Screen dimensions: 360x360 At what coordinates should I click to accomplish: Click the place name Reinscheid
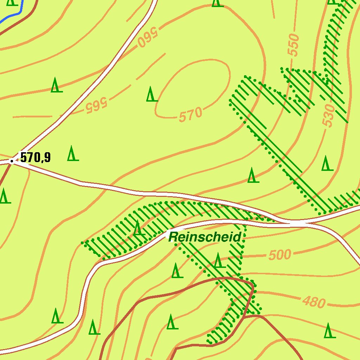[205, 237]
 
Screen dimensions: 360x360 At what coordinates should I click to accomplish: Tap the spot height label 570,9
[35, 157]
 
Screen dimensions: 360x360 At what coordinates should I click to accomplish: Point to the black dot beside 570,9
[12, 162]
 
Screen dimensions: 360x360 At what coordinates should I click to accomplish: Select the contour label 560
[149, 38]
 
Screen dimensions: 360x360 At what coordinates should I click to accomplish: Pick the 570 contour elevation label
[191, 115]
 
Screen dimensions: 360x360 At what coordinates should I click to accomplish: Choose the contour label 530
[328, 115]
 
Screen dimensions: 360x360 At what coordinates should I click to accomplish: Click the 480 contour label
[314, 302]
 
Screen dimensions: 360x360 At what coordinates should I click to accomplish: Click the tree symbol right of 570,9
[73, 153]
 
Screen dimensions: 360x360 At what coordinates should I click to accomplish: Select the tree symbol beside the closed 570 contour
[152, 94]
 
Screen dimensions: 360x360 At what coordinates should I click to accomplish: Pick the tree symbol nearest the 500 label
[218, 261]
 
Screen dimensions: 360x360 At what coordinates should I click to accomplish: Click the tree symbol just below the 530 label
[327, 163]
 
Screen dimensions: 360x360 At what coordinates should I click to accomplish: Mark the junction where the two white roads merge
[297, 223]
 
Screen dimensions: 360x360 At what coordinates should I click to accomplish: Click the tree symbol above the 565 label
[55, 85]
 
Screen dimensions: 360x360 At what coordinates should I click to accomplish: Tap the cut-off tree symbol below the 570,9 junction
[4, 196]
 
